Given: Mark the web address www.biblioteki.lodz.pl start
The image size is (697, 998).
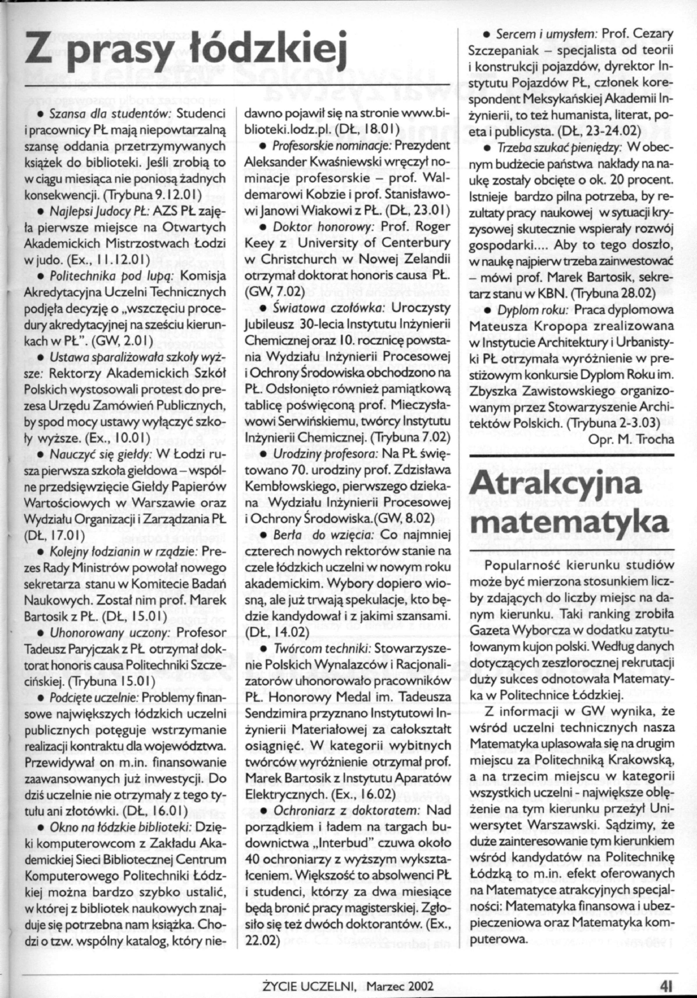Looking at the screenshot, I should coord(418,114).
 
